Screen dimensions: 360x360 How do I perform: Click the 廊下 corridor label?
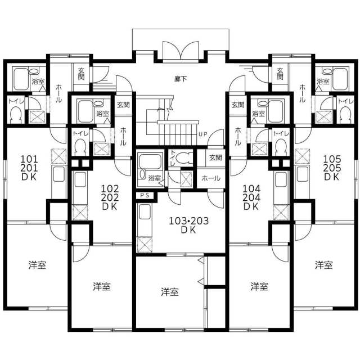pos(180,79)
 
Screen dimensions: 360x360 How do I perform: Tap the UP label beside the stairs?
pos(203,134)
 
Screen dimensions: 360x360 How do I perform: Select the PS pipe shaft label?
pos(145,195)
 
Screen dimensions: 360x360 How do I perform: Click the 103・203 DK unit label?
pos(189,225)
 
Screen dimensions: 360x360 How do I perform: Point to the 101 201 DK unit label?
pos(29,168)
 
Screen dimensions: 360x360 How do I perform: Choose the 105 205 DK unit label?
pos(332,168)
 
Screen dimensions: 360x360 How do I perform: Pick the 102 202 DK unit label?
pos(110,197)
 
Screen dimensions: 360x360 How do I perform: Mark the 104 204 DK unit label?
pos(251,197)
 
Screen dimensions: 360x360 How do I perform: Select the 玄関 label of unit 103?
pos(215,157)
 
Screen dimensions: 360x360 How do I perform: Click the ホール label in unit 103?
pos(211,178)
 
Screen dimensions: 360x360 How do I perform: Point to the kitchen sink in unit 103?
pos(145,211)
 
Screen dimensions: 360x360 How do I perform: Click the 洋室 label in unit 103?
pos(170,292)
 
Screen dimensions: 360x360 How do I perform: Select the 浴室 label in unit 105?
pos(323,81)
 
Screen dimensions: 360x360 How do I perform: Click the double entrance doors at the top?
pos(180,51)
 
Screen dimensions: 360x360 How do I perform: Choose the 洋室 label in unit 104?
pos(259,286)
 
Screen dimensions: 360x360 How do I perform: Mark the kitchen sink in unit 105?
pos(303,174)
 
